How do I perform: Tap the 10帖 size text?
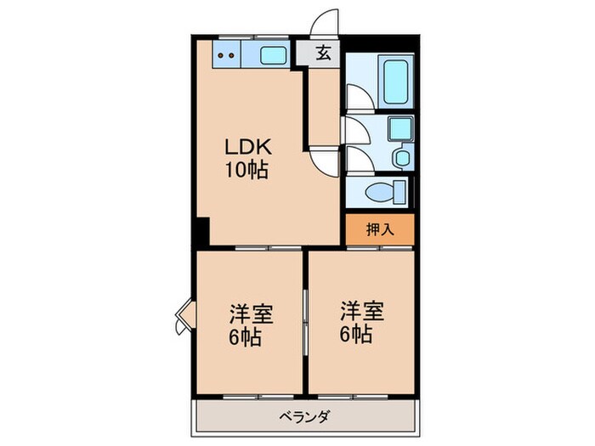tap(246, 170)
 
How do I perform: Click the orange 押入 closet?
tap(379, 229)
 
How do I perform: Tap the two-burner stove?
tap(227, 55)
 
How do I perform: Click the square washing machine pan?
tap(399, 129)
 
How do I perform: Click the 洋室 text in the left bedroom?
tap(250, 313)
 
